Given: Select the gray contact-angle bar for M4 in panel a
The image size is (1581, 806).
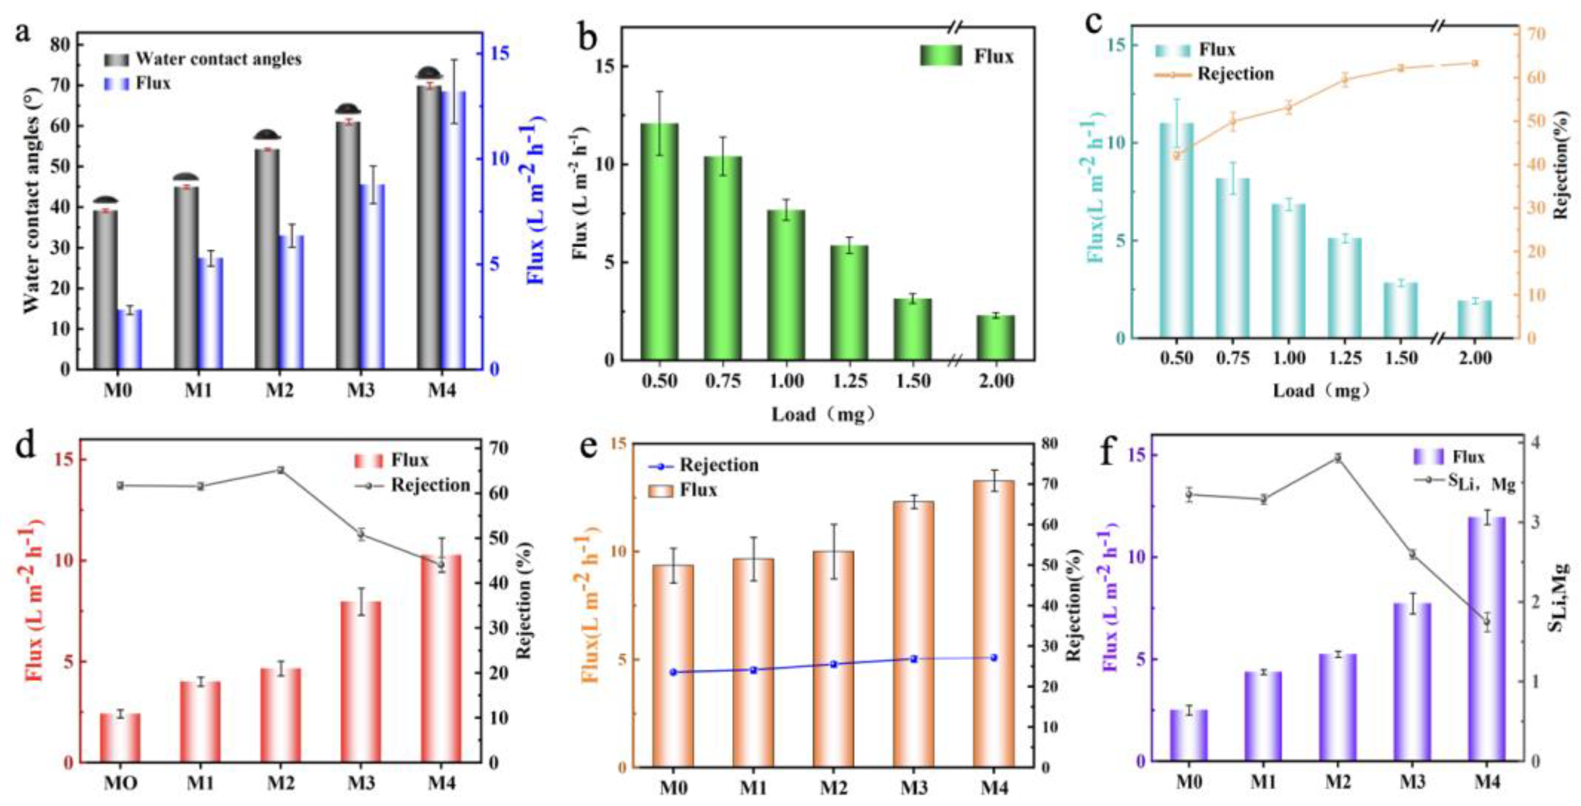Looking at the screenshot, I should click(x=429, y=227).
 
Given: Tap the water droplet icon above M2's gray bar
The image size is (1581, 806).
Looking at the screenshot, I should click(x=268, y=134).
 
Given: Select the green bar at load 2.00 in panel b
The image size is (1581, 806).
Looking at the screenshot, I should click(x=995, y=337).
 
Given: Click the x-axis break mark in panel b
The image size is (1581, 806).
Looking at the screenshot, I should click(x=954, y=360).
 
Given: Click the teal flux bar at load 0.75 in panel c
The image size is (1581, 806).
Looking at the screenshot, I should click(x=1232, y=258).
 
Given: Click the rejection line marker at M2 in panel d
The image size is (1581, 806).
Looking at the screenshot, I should click(x=280, y=470).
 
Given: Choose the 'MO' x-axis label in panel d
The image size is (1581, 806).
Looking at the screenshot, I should click(x=120, y=783).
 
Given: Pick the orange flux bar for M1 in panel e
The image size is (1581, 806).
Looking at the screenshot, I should click(x=753, y=663).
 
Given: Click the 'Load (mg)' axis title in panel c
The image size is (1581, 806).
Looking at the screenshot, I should click(x=1319, y=391).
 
